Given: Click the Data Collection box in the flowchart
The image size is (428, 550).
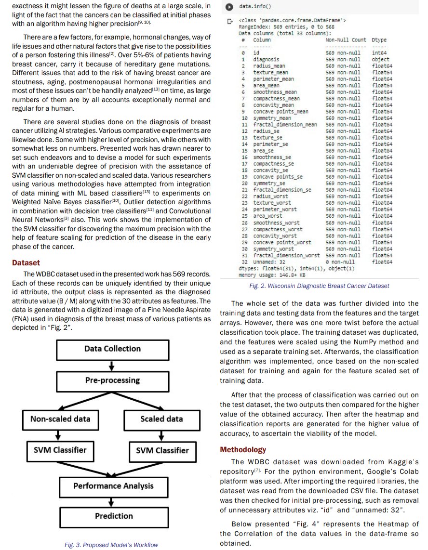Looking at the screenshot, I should point(112,349).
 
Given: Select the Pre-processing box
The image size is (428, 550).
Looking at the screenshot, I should point(112,380).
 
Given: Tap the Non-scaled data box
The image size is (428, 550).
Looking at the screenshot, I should point(60,419).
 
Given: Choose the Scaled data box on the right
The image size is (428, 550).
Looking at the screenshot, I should point(161,419).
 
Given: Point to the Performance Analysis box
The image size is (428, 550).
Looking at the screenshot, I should point(113,486).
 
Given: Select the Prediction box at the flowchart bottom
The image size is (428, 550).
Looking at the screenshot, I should point(113,516).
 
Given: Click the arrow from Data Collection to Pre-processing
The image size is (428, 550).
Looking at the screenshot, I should point(112,365).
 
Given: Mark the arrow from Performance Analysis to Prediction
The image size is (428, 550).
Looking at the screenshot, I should point(112,501).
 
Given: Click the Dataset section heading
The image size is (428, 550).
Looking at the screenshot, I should point(26,263).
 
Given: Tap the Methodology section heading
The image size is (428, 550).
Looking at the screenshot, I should point(243,450).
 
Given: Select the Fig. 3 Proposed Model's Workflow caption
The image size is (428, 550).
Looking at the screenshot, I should point(111,545).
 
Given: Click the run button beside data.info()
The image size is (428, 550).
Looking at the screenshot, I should point(230,7).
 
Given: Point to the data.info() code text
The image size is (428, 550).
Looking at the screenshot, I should point(255,7).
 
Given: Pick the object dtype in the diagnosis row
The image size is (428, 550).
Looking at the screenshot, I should point(380,59).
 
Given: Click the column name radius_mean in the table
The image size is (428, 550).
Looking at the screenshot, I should point(269,66).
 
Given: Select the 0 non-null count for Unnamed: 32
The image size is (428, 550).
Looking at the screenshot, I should point(340,262).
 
